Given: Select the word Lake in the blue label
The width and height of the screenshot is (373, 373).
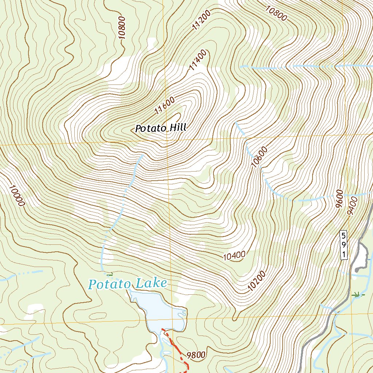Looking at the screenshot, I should point(150,283).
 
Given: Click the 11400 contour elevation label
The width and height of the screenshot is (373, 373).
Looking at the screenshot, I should point(198,60).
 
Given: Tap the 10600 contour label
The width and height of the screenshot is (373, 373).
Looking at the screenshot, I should point(259,157).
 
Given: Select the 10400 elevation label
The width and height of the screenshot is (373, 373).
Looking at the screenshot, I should point(234,256).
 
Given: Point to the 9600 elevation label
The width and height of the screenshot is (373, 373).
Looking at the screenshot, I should point(339,200).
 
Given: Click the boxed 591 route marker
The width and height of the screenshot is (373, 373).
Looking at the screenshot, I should point(343,245).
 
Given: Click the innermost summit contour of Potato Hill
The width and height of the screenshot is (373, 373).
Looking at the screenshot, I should point(174,119).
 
